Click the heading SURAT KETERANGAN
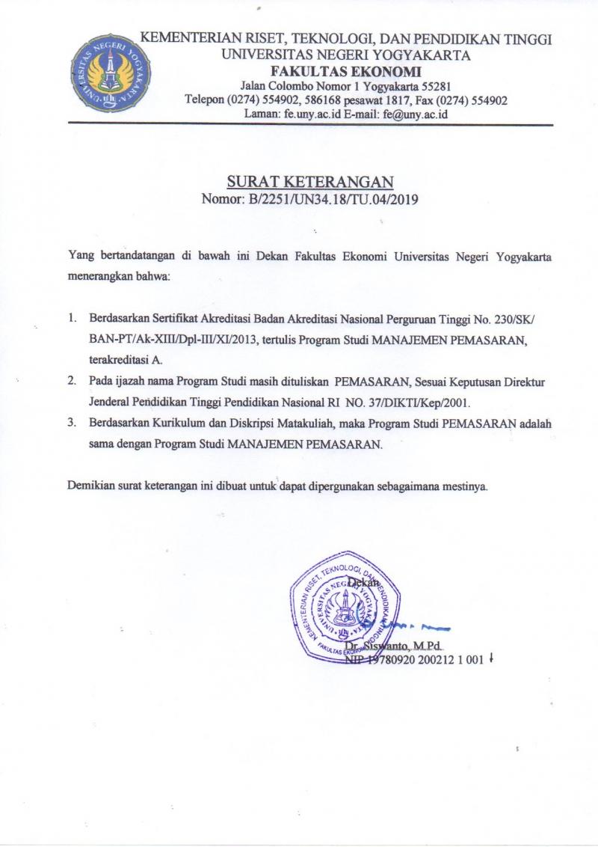coord(309,182)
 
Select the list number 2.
coord(73,381)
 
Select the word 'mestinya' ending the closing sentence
coord(466,486)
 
